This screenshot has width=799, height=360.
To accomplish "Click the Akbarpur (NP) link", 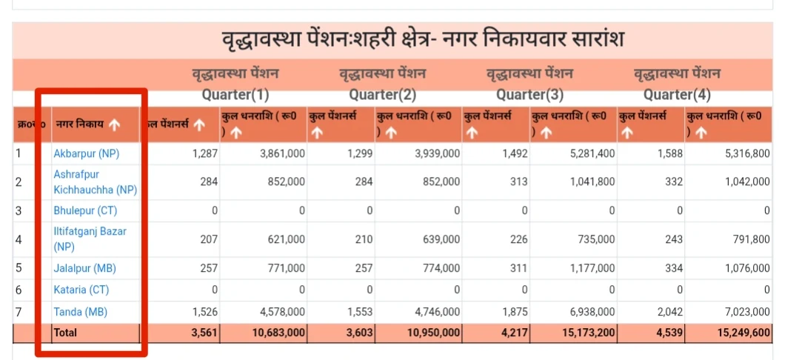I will tap(86, 154).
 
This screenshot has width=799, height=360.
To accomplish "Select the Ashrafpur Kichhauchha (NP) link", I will tap(95, 181).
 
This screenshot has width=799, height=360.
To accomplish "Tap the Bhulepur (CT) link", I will tap(85, 210).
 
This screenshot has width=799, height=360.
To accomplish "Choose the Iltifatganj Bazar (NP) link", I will tap(90, 239).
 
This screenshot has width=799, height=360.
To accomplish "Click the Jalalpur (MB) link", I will tap(84, 268).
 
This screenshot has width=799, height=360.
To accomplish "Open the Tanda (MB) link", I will tap(80, 312).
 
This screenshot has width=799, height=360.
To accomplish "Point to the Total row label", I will tap(65, 333).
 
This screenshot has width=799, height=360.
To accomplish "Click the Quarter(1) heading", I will tap(235, 95).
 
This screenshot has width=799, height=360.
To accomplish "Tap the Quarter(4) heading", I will tap(677, 95).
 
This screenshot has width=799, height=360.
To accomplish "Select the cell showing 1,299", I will tap(359, 154).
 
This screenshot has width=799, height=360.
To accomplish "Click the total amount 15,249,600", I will tap(743, 333).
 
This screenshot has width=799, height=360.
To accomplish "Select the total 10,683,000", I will tap(278, 333).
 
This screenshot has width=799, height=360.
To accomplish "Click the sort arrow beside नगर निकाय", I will tap(114, 125).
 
